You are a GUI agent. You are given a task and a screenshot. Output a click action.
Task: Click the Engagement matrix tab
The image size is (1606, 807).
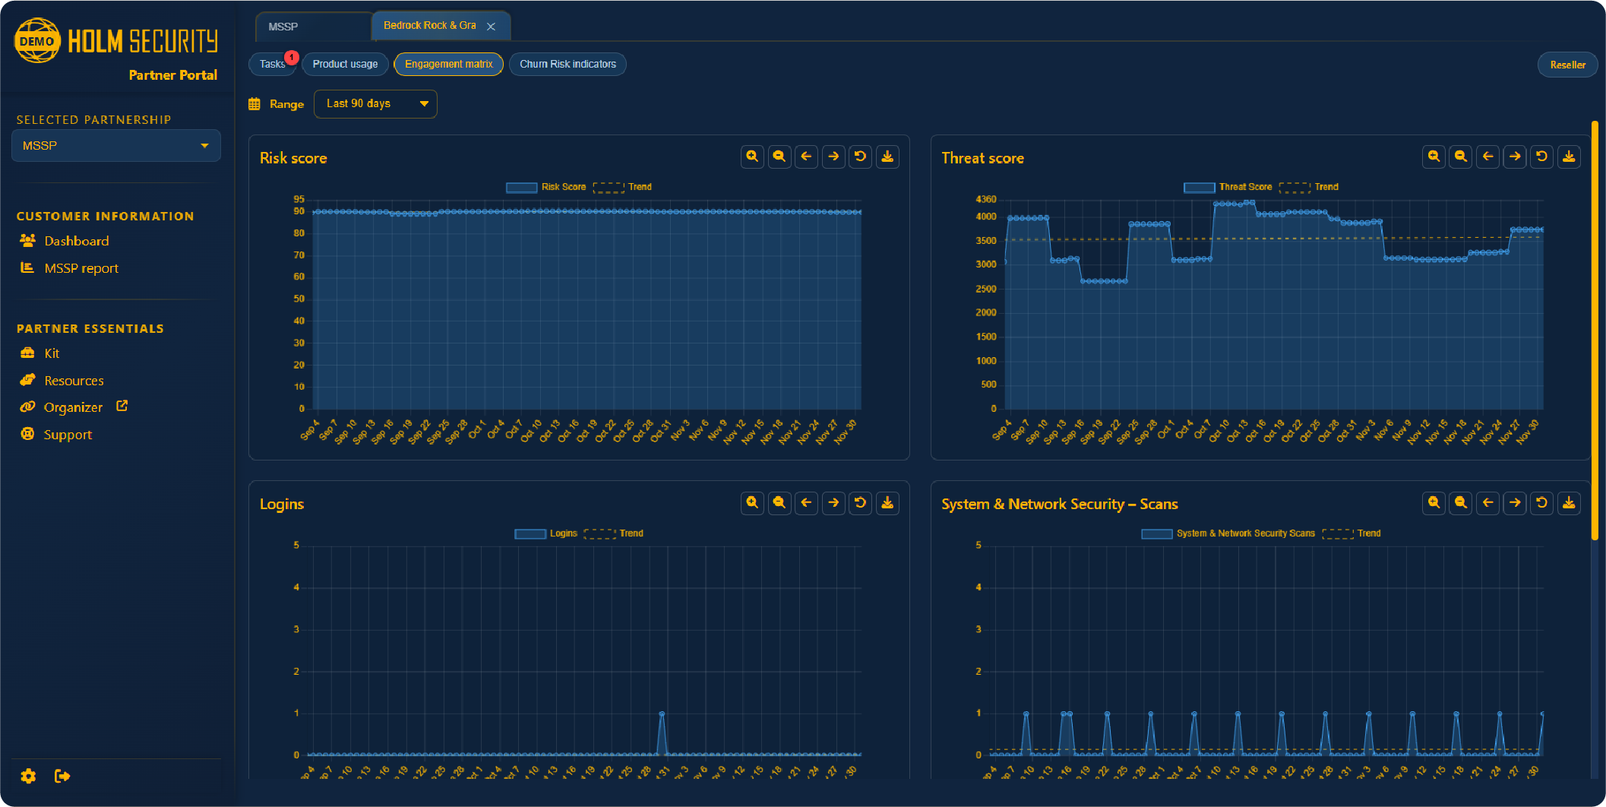point(448,64)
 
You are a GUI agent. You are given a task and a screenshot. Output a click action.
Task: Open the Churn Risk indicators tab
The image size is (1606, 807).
point(567,64)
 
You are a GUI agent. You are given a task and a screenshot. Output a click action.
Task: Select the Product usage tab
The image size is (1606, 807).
point(345,64)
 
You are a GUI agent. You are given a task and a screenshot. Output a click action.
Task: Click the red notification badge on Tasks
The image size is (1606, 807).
point(292,57)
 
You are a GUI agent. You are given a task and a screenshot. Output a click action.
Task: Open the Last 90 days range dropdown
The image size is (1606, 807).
point(375,103)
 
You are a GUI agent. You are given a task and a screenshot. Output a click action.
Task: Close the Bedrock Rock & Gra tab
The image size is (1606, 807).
point(492,27)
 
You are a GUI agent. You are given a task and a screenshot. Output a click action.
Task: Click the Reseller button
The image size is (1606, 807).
point(1567,65)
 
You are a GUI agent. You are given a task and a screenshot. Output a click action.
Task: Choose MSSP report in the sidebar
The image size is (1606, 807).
point(81,268)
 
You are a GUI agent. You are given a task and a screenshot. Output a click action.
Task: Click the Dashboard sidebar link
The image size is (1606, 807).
point(76,241)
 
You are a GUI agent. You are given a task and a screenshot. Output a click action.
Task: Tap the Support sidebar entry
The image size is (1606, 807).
point(68,435)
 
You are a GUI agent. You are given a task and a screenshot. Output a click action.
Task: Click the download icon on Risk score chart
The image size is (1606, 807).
point(887,157)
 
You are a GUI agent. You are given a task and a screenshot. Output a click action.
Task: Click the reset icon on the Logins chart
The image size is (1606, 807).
point(860,502)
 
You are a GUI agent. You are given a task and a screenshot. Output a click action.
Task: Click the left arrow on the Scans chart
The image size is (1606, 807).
point(1487,502)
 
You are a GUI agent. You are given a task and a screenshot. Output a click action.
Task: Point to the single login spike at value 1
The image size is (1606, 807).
point(662,714)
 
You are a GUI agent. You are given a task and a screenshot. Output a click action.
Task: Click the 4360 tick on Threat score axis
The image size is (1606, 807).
point(985,199)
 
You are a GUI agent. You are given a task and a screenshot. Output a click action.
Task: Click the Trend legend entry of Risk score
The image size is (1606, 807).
point(623,187)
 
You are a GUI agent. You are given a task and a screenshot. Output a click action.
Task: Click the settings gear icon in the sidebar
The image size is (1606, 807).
point(28,776)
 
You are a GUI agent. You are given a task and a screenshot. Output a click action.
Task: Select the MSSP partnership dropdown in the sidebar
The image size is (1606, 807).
point(115,145)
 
